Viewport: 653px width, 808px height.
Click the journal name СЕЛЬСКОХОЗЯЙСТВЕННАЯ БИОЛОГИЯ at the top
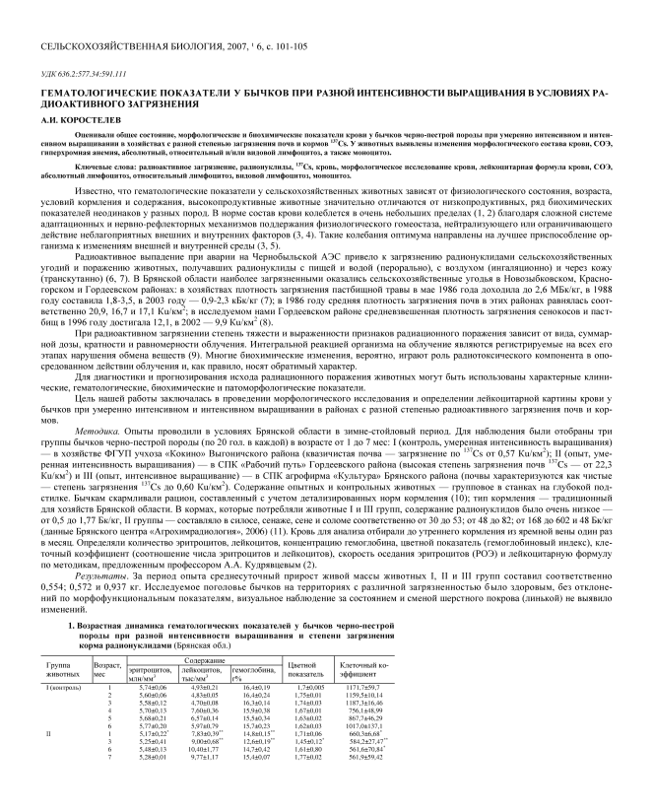click(x=119, y=46)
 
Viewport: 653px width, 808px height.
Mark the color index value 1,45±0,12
click(x=309, y=769)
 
